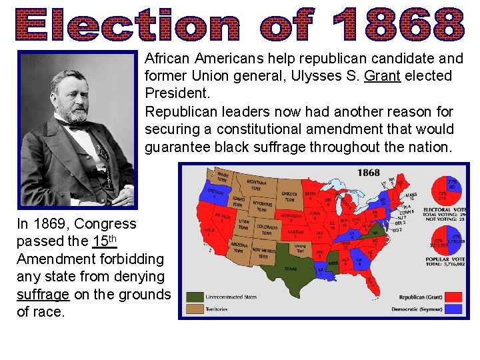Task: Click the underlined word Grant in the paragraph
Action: (x=382, y=76)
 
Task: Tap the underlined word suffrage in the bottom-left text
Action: (x=43, y=293)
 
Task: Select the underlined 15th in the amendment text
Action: (x=105, y=241)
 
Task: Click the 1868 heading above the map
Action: (x=368, y=173)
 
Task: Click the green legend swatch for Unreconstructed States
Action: (x=195, y=297)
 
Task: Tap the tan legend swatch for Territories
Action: (x=195, y=309)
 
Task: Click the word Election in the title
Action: (x=124, y=25)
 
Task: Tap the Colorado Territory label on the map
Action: (x=267, y=230)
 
